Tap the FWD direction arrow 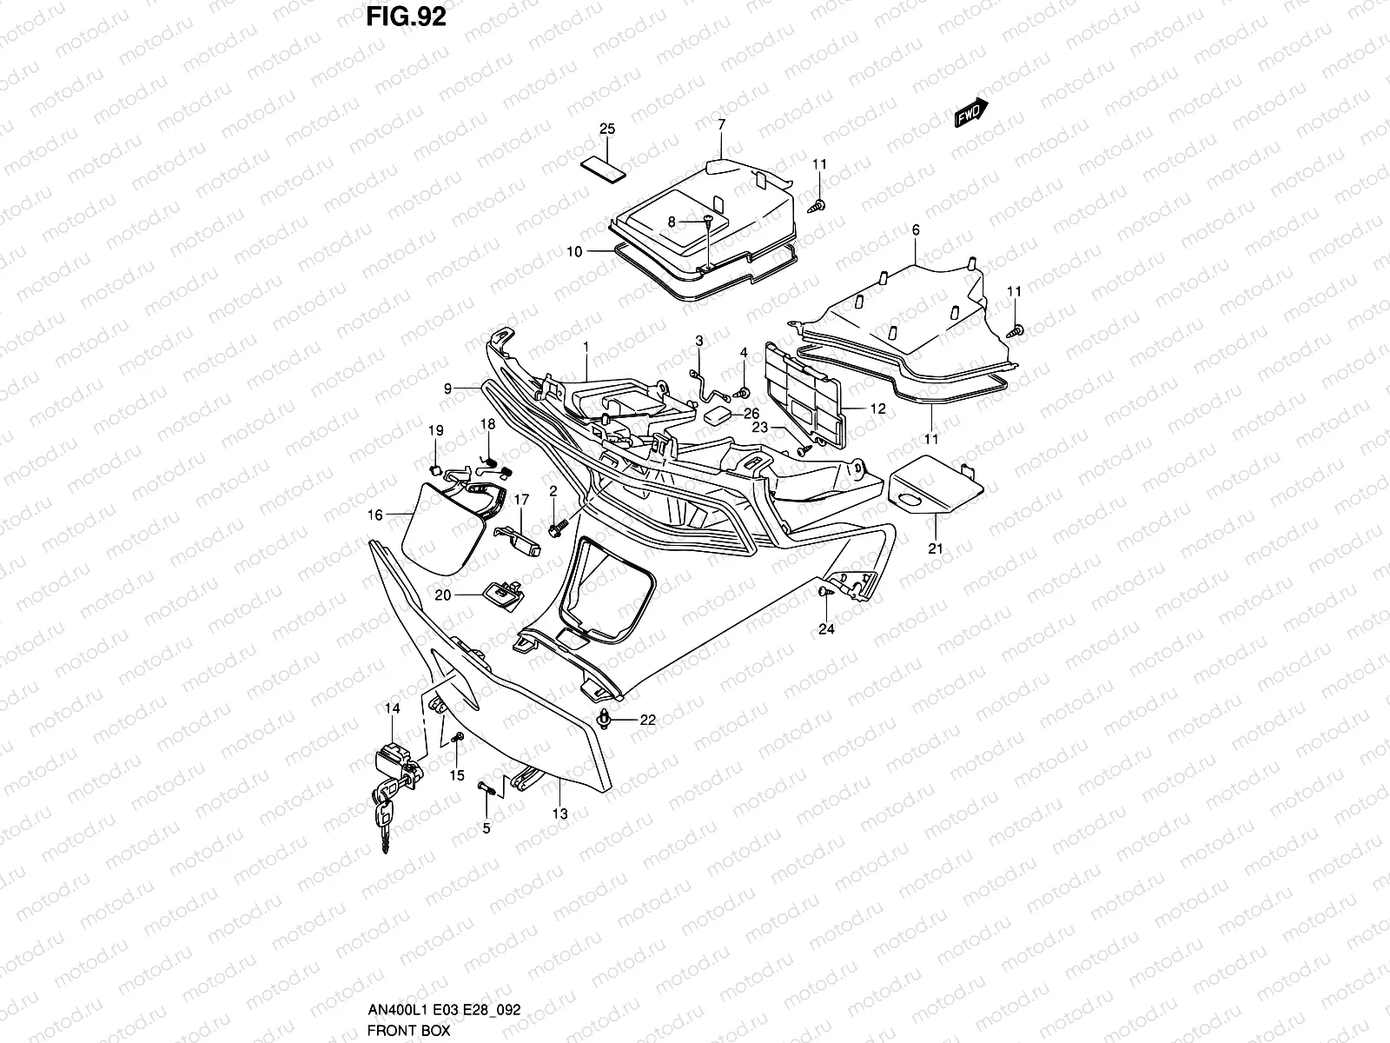pyautogui.click(x=971, y=112)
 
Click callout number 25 pyautogui.click(x=607, y=130)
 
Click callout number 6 pyautogui.click(x=916, y=229)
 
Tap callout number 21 pyautogui.click(x=935, y=548)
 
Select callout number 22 pyautogui.click(x=647, y=720)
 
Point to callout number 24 pyautogui.click(x=826, y=629)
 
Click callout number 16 pyautogui.click(x=374, y=515)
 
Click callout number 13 pyautogui.click(x=560, y=814)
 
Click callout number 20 pyautogui.click(x=443, y=595)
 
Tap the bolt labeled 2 pyautogui.click(x=556, y=525)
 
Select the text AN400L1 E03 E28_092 pyautogui.click(x=443, y=1010)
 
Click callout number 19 pyautogui.click(x=435, y=430)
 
